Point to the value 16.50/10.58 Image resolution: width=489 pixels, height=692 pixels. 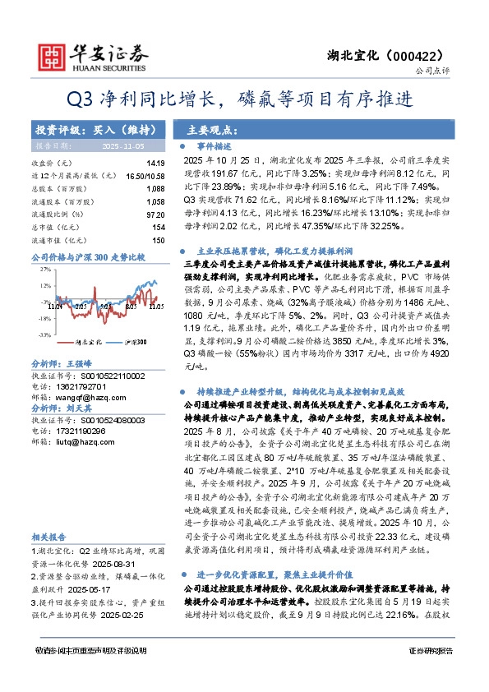145,176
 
